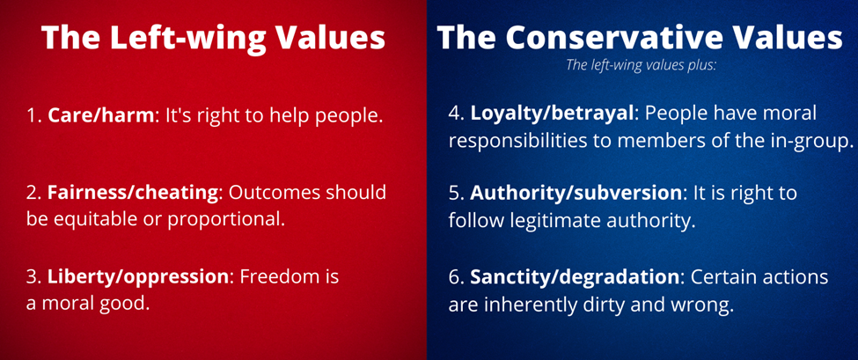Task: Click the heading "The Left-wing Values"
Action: tap(213, 39)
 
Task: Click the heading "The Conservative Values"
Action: tap(640, 39)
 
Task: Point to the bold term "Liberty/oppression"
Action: tap(137, 277)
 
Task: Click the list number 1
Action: tap(33, 117)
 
